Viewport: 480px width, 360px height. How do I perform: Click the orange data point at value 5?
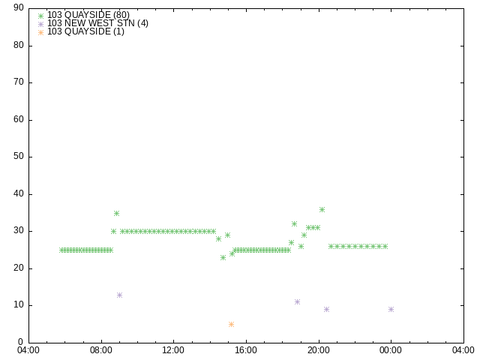231,324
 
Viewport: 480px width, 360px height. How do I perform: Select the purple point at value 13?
119,295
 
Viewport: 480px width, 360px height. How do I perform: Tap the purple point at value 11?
297,301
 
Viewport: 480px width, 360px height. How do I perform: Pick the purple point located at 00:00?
391,309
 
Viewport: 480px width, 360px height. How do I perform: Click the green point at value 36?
322,209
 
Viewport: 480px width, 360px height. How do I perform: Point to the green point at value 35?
116,213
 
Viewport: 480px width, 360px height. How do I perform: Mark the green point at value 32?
294,223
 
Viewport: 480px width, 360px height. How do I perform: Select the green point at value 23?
223,257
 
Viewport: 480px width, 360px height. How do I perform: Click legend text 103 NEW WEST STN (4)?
97,23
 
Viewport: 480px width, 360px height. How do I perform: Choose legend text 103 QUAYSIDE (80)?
88,15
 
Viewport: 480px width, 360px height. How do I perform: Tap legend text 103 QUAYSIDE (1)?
85,31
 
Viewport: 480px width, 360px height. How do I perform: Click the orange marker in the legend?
40,32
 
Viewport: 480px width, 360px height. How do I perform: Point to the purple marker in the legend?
40,24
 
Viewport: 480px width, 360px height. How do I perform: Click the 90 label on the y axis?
19,7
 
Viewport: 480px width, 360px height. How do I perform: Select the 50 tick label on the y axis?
19,156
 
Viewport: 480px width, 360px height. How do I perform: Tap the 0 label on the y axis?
21,342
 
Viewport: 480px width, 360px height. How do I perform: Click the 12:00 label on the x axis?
173,350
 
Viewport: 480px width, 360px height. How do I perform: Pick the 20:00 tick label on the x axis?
319,350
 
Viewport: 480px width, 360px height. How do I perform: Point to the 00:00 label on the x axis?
391,350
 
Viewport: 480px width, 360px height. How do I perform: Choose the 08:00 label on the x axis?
101,350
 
